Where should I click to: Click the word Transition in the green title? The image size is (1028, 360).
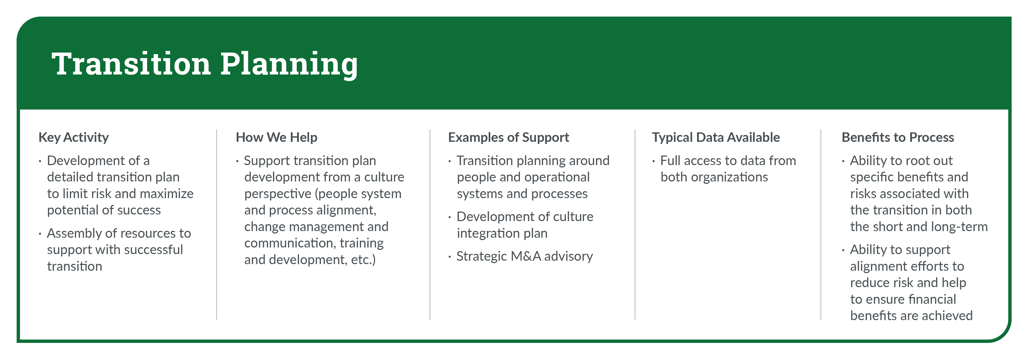coord(131,64)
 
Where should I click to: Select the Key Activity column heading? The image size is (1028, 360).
coord(73,137)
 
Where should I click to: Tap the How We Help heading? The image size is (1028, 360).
coord(277,137)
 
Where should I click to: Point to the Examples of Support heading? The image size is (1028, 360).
coord(508,137)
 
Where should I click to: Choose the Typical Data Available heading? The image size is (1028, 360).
coord(716,137)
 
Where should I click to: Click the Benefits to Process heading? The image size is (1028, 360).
coord(898,137)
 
